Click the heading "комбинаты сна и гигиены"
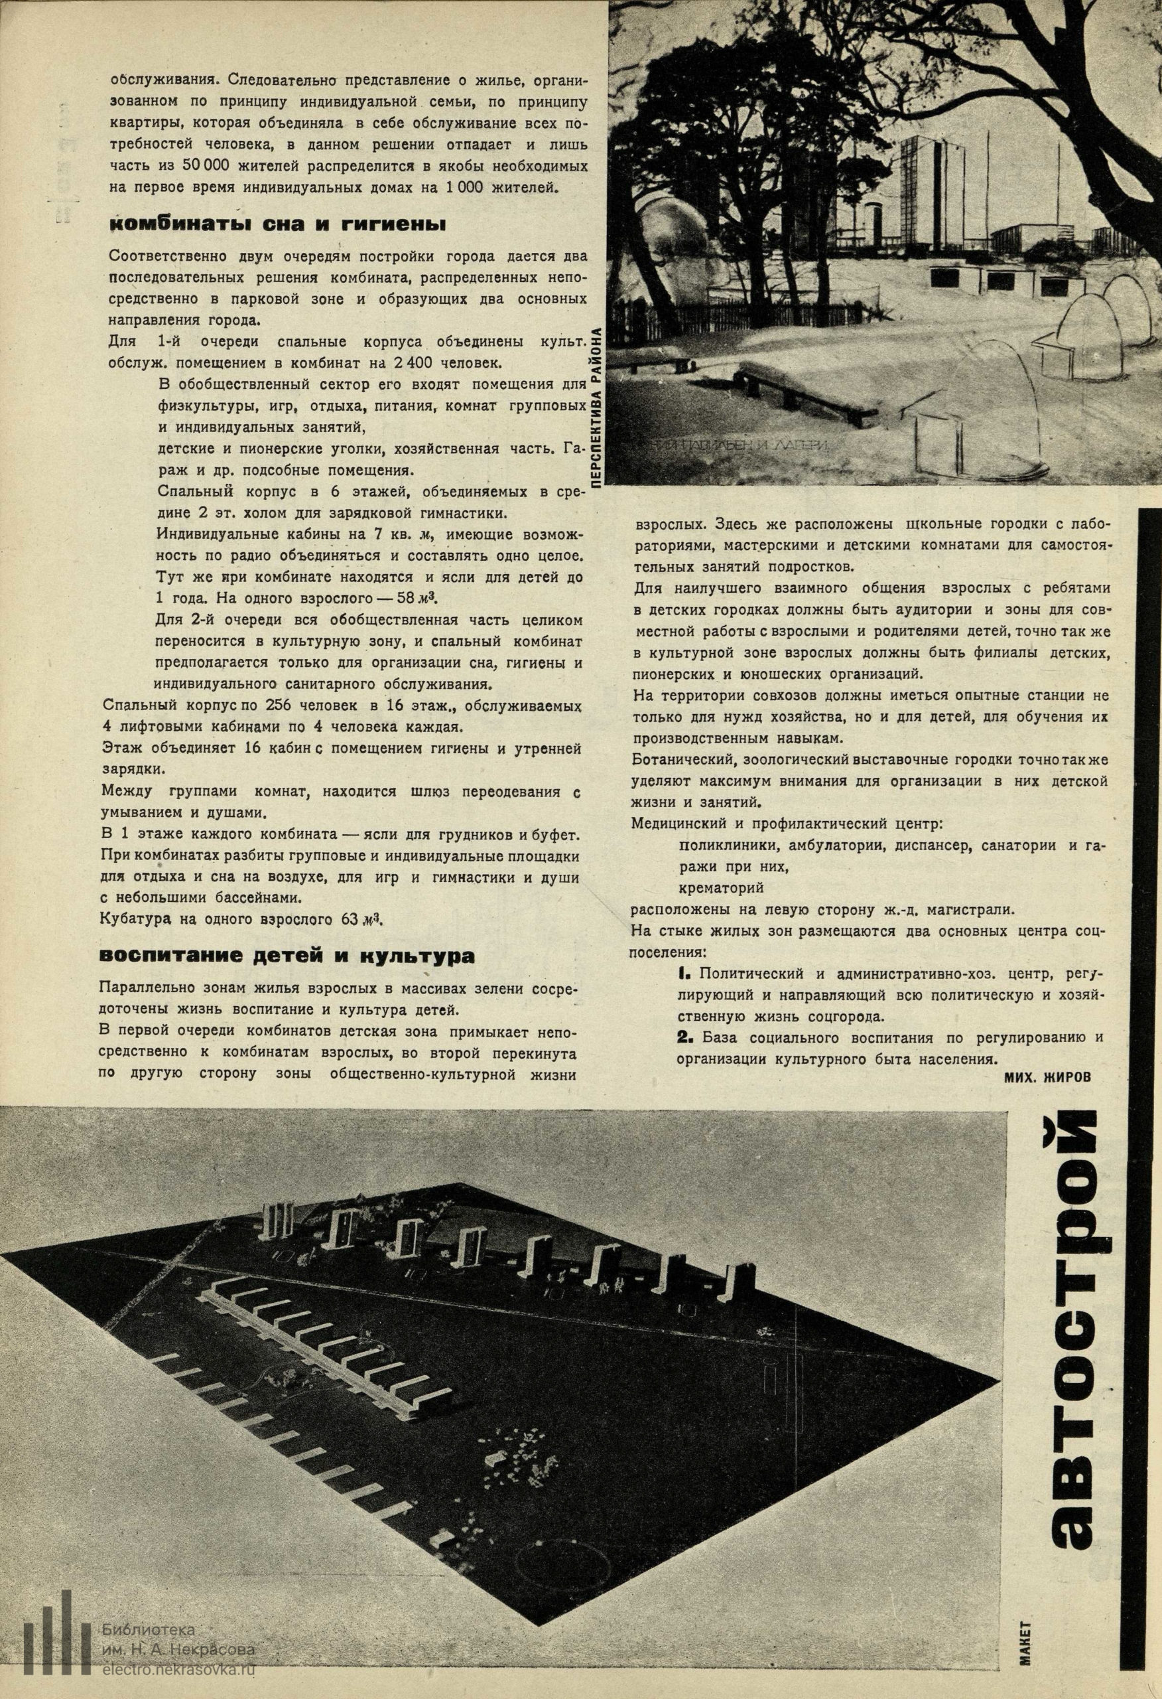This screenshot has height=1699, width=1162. click(277, 224)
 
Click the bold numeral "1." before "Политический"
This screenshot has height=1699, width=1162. click(684, 974)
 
